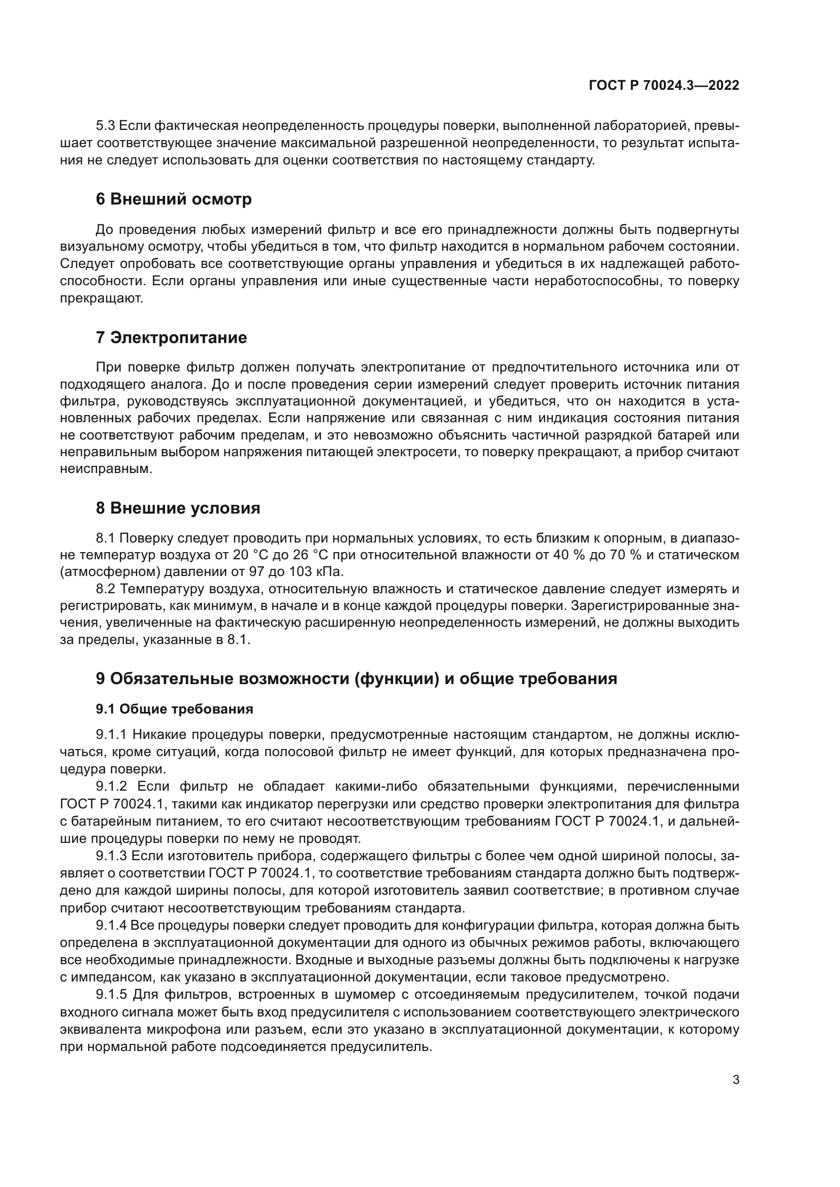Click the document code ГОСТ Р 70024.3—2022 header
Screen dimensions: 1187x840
[664, 85]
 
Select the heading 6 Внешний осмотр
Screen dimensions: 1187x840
[173, 199]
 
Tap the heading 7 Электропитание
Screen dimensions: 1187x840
[171, 337]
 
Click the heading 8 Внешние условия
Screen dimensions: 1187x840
[178, 508]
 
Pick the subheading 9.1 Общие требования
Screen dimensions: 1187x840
[174, 709]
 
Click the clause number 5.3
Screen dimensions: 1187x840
[106, 126]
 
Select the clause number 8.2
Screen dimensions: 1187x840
[106, 589]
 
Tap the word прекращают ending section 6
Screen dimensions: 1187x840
[101, 299]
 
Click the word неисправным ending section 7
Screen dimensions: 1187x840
[106, 469]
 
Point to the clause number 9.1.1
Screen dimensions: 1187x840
[111, 735]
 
